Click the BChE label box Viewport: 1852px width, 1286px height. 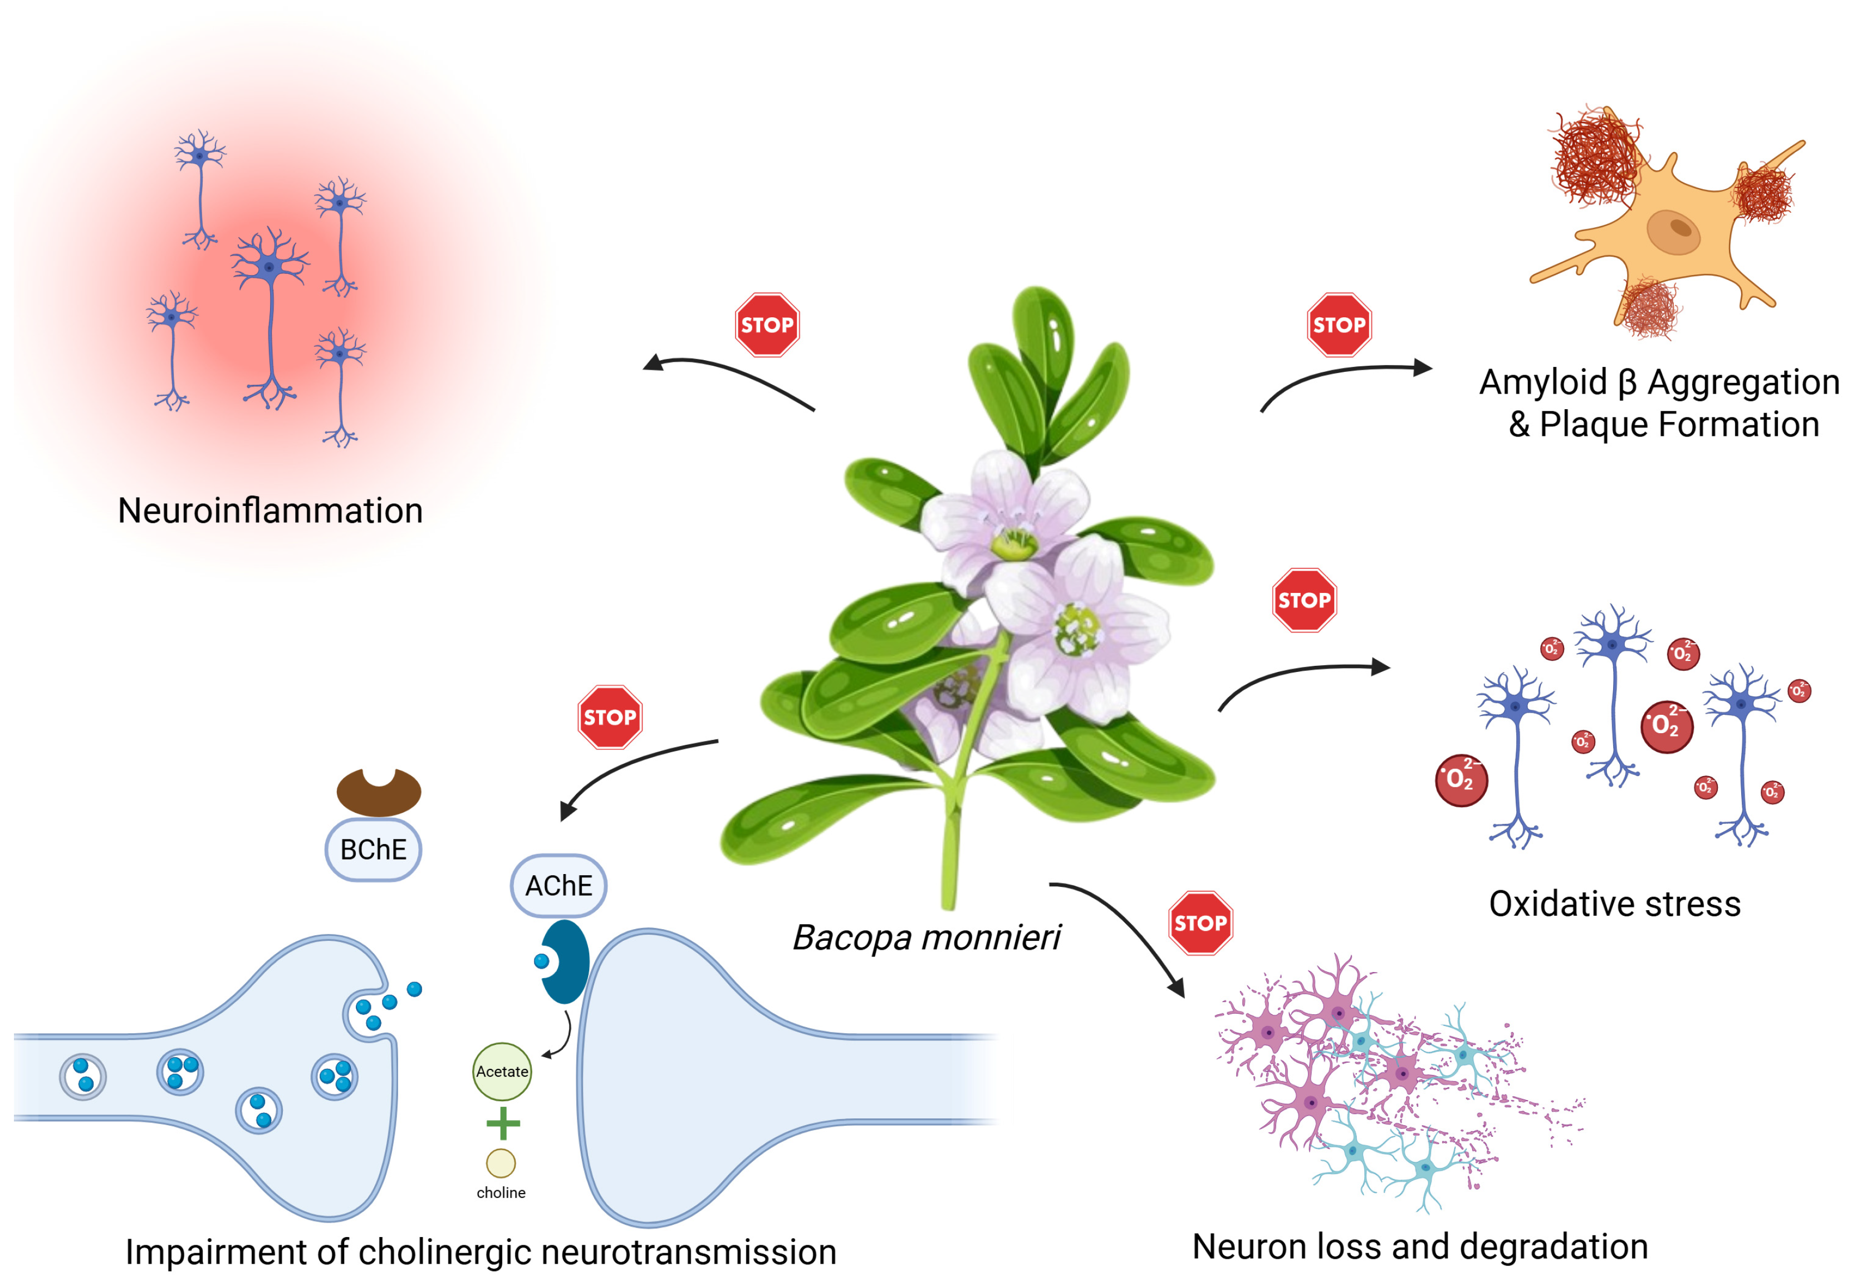point(373,850)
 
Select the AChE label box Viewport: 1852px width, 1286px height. point(558,886)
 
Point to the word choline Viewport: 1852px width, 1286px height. point(501,1192)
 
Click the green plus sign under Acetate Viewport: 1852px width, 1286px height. point(503,1122)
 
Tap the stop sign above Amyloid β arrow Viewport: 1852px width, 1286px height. point(1338,325)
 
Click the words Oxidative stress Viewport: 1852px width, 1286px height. point(1614,903)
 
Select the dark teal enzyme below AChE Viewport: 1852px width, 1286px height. point(566,961)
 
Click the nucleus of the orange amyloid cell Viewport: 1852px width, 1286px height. point(1672,230)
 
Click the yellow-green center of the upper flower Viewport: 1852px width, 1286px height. point(1014,544)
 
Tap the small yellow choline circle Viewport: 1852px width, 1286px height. point(501,1163)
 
